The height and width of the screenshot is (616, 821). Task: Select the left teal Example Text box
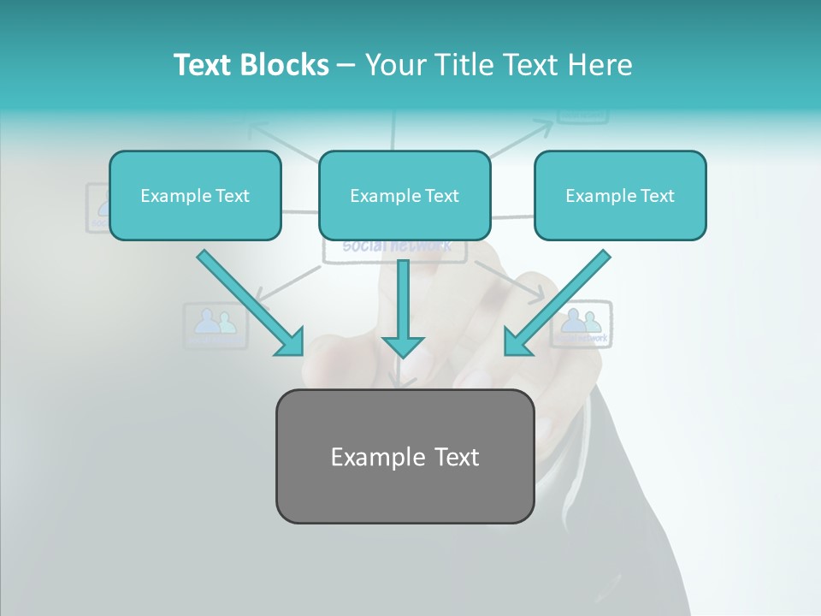point(195,195)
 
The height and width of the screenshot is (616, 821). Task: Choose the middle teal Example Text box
point(405,195)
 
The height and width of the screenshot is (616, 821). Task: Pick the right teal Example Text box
point(620,195)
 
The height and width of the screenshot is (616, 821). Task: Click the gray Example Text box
point(405,456)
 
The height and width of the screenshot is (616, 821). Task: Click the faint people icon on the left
point(216,323)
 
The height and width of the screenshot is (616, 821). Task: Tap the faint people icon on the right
point(582,321)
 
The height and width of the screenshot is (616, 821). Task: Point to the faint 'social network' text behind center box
point(396,247)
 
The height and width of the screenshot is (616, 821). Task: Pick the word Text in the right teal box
point(657,195)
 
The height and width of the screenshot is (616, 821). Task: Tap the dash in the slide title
point(346,65)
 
